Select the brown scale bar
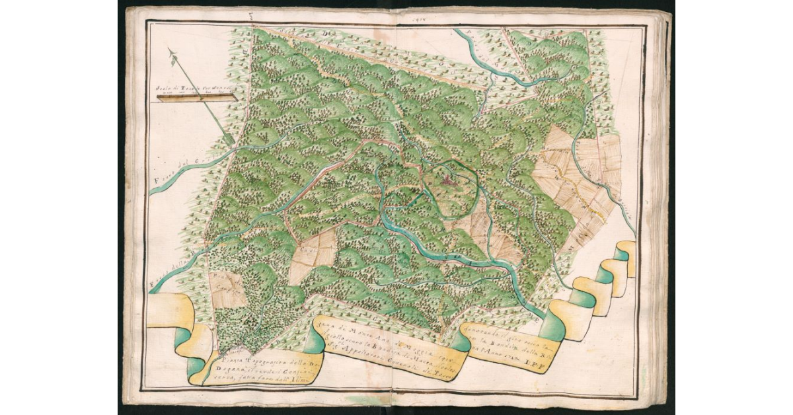coord(196,98)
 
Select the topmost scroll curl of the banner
coord(625,251)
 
